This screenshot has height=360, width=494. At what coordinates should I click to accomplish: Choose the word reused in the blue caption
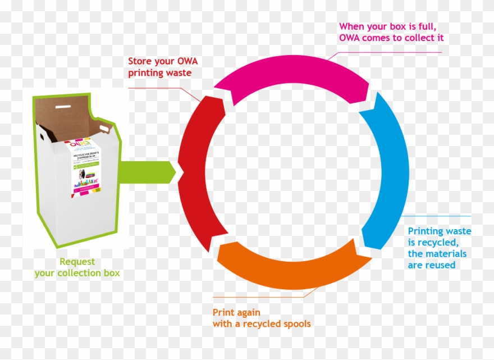(441, 265)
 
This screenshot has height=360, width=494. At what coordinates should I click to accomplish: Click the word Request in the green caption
(77, 262)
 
